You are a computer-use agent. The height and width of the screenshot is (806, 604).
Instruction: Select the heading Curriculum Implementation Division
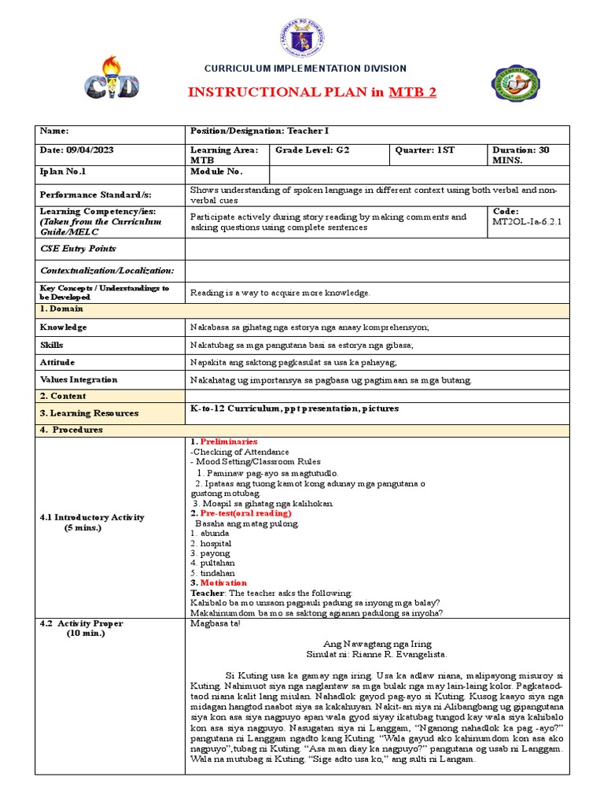pyautogui.click(x=306, y=68)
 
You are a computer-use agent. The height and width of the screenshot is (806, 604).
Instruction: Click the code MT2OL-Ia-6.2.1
pyautogui.click(x=525, y=222)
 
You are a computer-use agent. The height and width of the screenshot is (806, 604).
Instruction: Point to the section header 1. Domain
pyautogui.click(x=63, y=310)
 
